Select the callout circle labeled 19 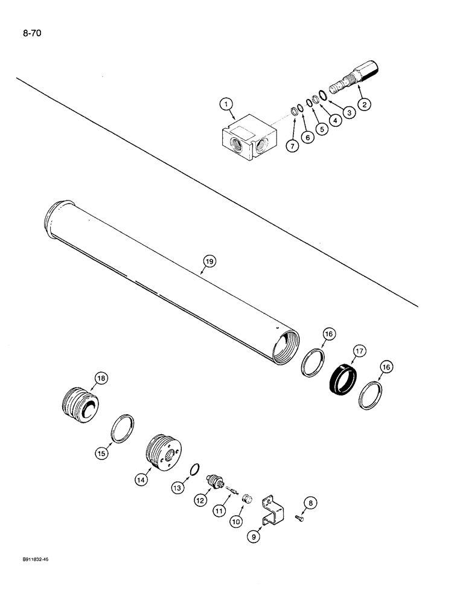[x=209, y=261]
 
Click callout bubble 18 [x=101, y=379]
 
